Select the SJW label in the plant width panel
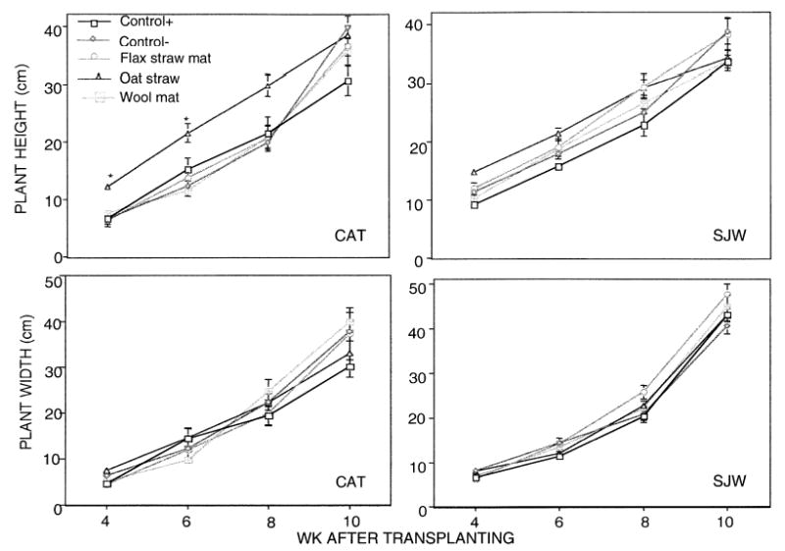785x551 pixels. click(732, 482)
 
